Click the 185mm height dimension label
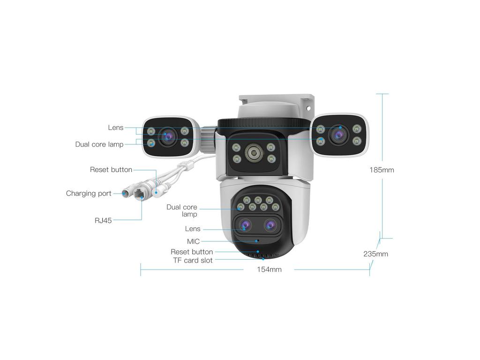point(382,170)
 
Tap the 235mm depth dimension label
point(375,254)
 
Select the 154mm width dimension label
point(269,270)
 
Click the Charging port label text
point(89,193)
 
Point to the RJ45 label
point(103,220)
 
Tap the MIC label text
point(193,241)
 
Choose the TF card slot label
point(193,260)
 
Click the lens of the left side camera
point(167,136)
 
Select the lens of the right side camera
point(338,135)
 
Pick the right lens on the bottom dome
point(270,225)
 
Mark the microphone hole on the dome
point(257,240)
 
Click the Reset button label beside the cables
point(111,170)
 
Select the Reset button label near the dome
point(192,252)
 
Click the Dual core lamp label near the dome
point(182,210)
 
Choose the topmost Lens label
point(115,127)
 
